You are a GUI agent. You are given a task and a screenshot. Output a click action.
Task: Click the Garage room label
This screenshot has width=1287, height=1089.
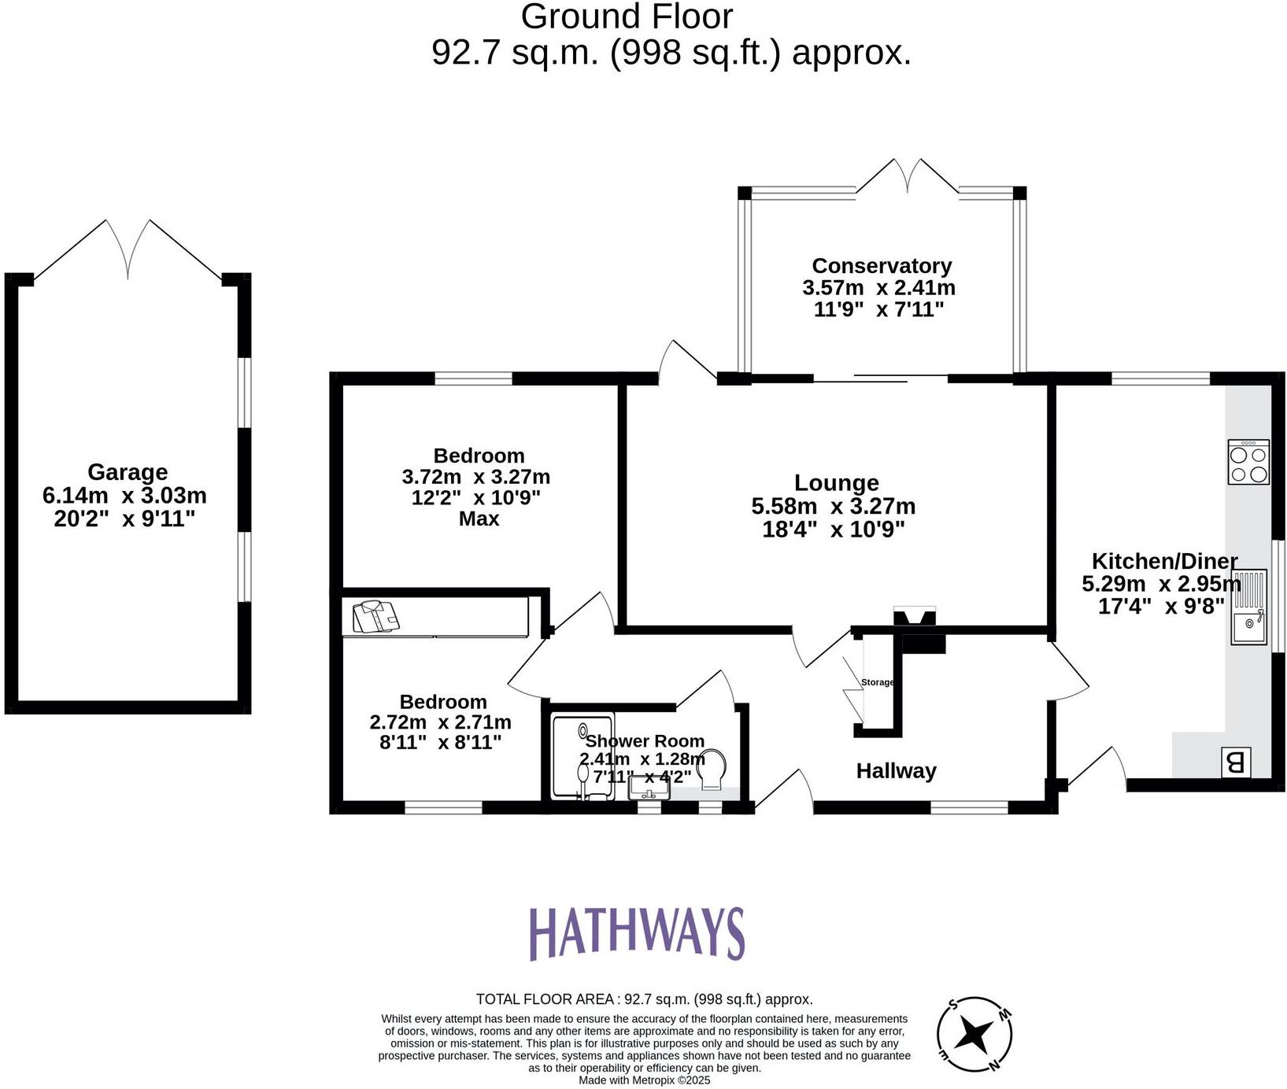click(127, 472)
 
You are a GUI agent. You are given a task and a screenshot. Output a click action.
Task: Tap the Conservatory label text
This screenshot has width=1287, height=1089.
click(882, 266)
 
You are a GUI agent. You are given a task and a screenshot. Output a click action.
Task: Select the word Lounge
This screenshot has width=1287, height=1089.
click(836, 483)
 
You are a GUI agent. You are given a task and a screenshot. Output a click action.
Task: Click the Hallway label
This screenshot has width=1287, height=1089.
click(896, 771)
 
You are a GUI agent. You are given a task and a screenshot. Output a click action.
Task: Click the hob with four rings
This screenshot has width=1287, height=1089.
click(1248, 462)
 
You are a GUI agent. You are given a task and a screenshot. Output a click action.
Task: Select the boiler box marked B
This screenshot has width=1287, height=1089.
click(1235, 762)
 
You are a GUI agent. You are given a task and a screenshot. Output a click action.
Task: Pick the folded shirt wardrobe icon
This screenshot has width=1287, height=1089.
click(376, 616)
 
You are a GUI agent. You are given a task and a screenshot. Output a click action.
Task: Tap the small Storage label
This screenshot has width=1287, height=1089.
click(877, 682)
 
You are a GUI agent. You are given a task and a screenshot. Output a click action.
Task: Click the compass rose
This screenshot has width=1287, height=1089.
click(974, 1035)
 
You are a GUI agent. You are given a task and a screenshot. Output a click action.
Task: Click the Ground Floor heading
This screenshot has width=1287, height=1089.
click(627, 17)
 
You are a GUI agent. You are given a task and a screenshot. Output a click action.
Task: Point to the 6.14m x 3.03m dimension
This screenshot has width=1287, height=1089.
click(124, 496)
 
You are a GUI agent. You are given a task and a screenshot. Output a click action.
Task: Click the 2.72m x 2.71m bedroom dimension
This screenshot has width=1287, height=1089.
click(440, 722)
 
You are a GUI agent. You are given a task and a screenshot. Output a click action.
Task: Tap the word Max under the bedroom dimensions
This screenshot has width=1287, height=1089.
click(479, 519)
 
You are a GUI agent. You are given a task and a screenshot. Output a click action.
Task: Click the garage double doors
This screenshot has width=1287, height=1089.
click(128, 248)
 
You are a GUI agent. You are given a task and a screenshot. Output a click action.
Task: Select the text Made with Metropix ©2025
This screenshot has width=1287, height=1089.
click(644, 1080)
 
